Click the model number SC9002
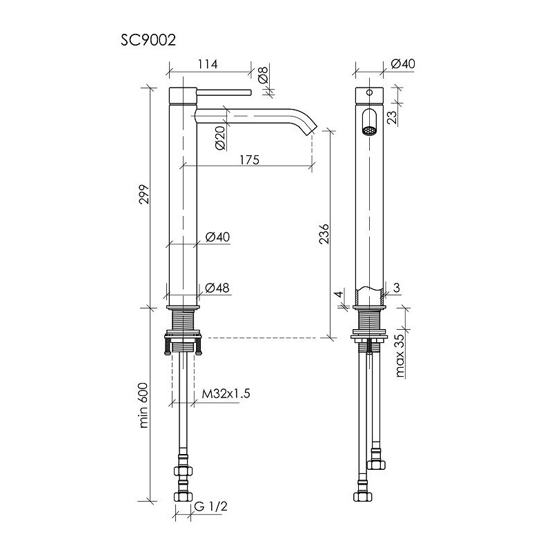coord(148,40)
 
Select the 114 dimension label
coord(208,64)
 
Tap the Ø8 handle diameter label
coord(264,75)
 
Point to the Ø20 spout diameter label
coord(220,138)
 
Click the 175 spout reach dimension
coord(249,160)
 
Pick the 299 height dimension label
coord(144,195)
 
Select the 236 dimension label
coord(324,233)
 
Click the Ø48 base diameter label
coord(217,288)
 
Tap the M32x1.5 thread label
coord(226,393)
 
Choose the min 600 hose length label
coord(144,405)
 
